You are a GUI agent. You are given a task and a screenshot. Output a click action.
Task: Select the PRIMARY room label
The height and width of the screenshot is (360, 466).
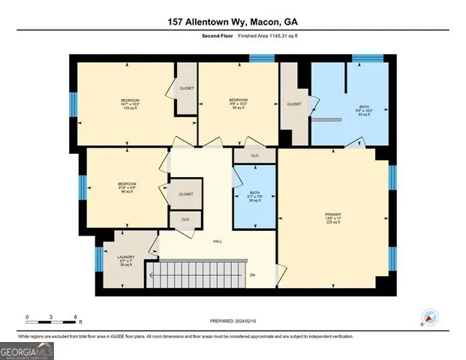(x=332, y=217)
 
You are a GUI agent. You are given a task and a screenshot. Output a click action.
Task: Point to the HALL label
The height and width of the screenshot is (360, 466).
(x=217, y=241)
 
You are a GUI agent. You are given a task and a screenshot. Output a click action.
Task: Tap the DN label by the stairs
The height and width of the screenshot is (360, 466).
(x=253, y=274)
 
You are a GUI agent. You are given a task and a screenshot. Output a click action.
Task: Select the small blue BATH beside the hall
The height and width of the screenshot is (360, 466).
(x=254, y=196)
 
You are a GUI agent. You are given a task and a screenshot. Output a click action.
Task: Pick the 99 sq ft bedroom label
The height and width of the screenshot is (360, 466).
(x=238, y=103)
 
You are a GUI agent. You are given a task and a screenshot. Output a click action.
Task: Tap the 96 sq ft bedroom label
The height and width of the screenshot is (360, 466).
(x=126, y=187)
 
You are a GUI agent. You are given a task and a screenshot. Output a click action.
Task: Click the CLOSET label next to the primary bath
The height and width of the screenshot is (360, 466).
(x=294, y=104)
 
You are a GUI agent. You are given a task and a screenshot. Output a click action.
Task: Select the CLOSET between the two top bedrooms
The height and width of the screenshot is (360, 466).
(x=187, y=88)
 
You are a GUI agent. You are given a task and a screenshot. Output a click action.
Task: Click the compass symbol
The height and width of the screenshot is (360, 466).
(x=428, y=317)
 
